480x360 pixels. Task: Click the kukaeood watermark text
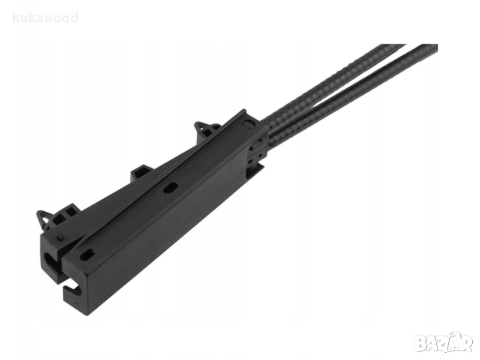46,18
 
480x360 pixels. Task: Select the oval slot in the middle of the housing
170,188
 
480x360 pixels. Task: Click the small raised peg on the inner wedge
61,236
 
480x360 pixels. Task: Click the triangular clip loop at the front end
44,217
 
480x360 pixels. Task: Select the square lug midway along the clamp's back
142,173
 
